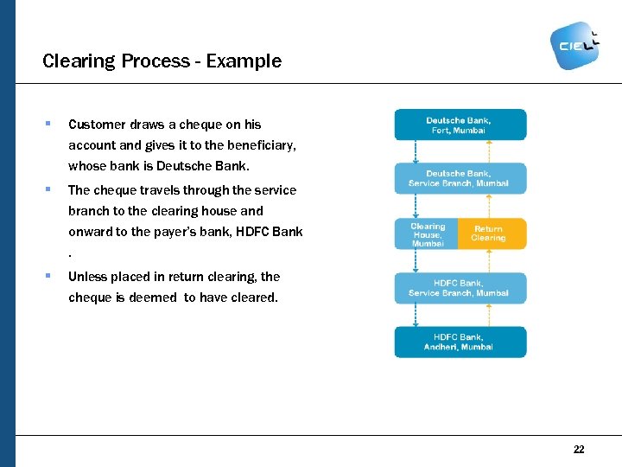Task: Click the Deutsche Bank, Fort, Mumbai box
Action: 460,125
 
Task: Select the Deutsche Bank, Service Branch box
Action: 460,178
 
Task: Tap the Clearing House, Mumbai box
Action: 427,234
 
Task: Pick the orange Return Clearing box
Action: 491,234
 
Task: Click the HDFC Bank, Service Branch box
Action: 460,288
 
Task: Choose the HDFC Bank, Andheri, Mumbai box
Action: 460,342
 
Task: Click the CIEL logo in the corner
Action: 574,44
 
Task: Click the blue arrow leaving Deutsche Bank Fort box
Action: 416,151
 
